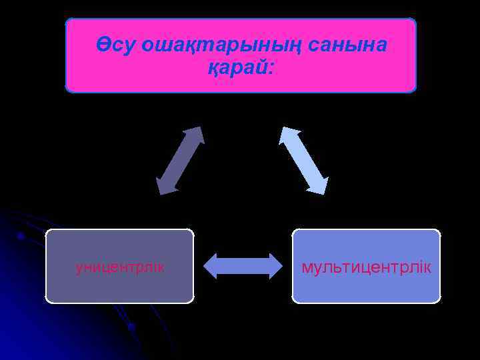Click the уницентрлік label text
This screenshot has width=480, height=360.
click(x=120, y=267)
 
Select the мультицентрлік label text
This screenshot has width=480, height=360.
click(x=366, y=267)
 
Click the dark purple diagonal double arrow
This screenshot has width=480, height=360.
click(x=179, y=161)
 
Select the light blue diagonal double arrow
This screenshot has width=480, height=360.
click(x=303, y=161)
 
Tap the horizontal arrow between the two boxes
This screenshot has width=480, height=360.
click(x=243, y=265)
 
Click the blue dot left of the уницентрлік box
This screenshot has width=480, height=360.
click(x=21, y=236)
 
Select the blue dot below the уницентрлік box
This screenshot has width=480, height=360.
click(x=131, y=327)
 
